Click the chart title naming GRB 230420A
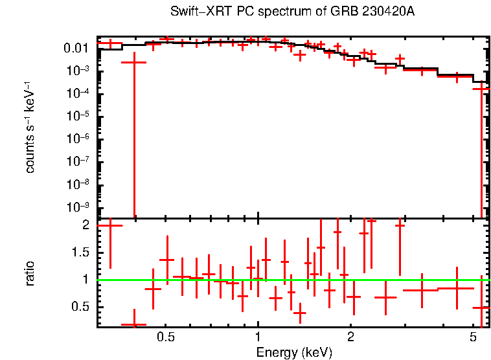point(292,12)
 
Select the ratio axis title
point(30,273)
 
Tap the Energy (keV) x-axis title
point(294,352)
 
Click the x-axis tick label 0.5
point(166,338)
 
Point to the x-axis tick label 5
point(474,338)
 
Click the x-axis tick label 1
point(258,338)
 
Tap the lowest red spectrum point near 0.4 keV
point(134,62)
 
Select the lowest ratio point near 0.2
point(134,324)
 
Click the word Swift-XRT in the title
point(192,12)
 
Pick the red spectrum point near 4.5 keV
point(457,76)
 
